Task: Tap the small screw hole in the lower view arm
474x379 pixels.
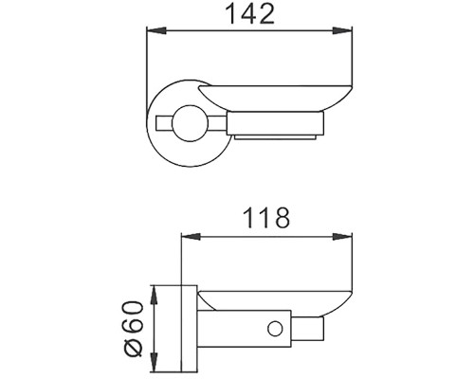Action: pos(276,329)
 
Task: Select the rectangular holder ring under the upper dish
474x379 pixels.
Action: pos(280,121)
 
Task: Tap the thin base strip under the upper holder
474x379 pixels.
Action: pos(280,139)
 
